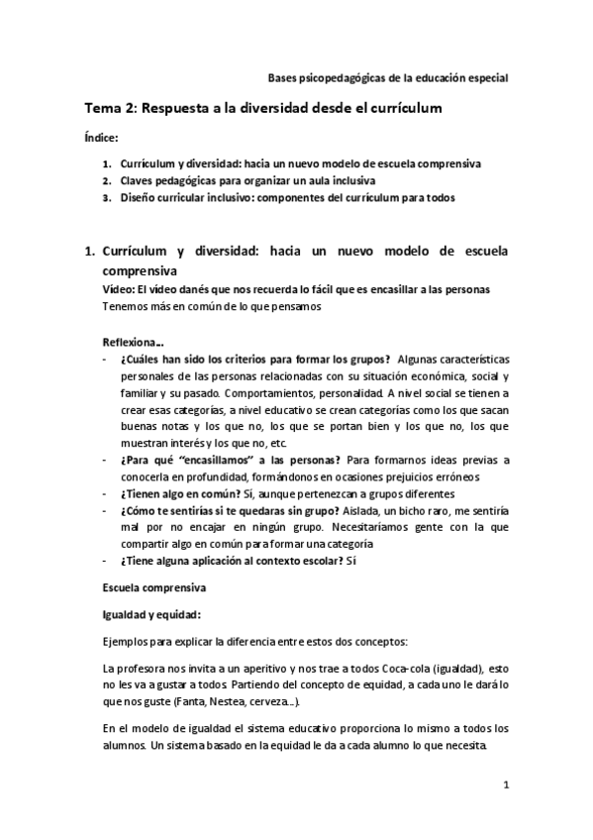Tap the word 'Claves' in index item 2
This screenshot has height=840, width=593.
point(137,181)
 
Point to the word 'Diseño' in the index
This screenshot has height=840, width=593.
point(138,197)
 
